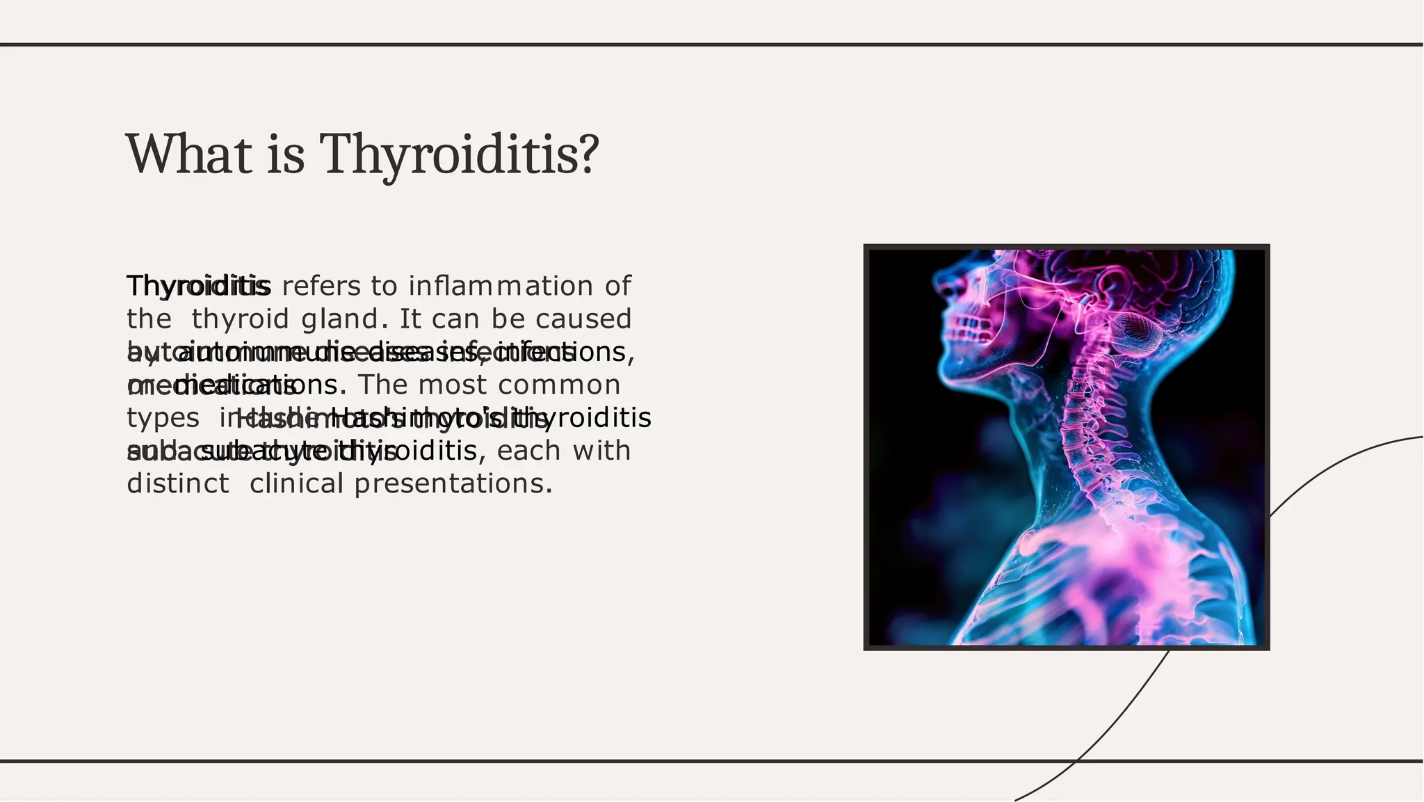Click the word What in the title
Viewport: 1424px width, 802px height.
click(x=188, y=154)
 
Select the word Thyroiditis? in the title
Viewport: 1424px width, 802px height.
click(x=459, y=154)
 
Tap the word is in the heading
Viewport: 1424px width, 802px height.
click(x=285, y=154)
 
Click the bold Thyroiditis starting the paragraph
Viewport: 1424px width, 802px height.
click(x=198, y=286)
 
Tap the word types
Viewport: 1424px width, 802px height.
click(x=163, y=418)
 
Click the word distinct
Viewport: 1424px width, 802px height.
click(x=178, y=483)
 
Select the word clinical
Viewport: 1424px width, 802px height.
click(x=296, y=483)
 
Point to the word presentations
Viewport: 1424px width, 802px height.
click(x=453, y=483)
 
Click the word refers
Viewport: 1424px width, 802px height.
click(x=321, y=286)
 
